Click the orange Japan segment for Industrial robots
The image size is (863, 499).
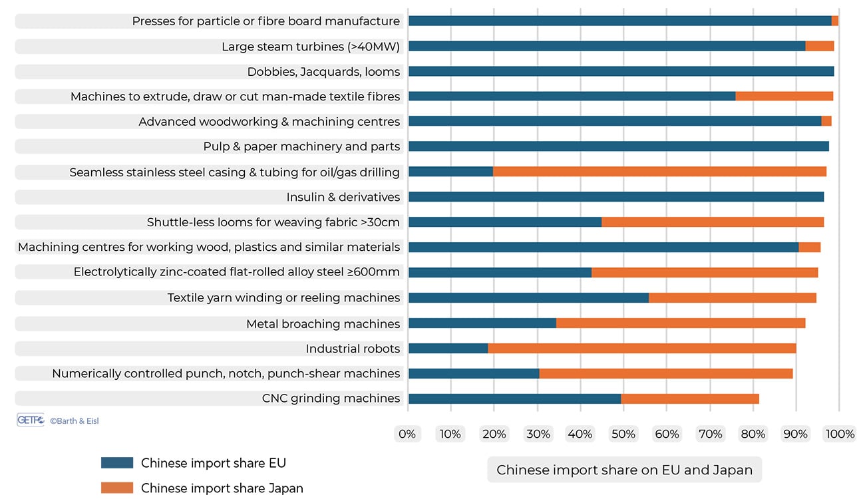pos(641,348)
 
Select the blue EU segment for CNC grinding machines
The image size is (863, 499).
pos(514,399)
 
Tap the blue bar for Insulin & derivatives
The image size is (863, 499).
pos(615,197)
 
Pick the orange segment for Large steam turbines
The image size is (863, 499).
pos(819,46)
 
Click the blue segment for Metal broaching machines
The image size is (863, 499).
pos(482,323)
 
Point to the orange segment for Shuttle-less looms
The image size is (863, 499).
pos(712,222)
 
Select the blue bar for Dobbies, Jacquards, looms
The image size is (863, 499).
pos(621,71)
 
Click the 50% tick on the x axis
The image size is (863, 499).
pos(623,434)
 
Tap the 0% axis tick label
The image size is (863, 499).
pos(407,434)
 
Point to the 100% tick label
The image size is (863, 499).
pos(840,434)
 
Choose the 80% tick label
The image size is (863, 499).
pos(753,434)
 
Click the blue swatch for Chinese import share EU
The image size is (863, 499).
pos(117,463)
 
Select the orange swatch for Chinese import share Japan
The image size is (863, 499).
pos(117,488)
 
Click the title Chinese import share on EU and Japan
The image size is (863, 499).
pos(624,470)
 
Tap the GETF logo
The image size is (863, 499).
pos(30,420)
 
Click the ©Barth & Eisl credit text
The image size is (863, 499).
pos(75,421)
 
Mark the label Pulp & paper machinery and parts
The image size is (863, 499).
pos(301,146)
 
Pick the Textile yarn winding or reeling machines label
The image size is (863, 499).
pos(283,297)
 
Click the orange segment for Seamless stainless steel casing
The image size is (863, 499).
pos(659,172)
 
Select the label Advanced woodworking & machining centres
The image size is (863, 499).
pos(269,122)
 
